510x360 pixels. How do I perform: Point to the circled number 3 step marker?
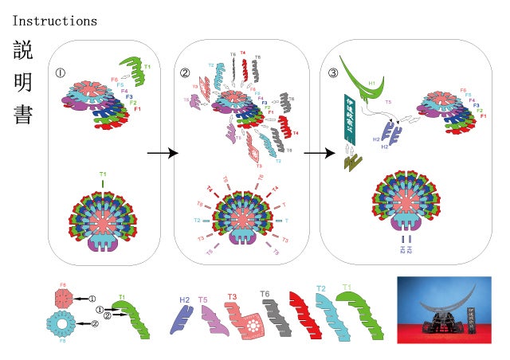click(x=333, y=73)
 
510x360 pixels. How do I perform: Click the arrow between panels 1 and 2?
click(x=162, y=153)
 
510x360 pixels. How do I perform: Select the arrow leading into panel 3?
click(x=309, y=153)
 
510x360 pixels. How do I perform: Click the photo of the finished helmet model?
click(x=449, y=309)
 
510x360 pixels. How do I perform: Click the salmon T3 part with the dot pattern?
click(x=242, y=321)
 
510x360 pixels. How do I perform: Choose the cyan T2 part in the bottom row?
click(x=329, y=315)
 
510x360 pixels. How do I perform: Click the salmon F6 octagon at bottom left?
click(x=65, y=298)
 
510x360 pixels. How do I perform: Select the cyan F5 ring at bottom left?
click(x=64, y=326)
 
